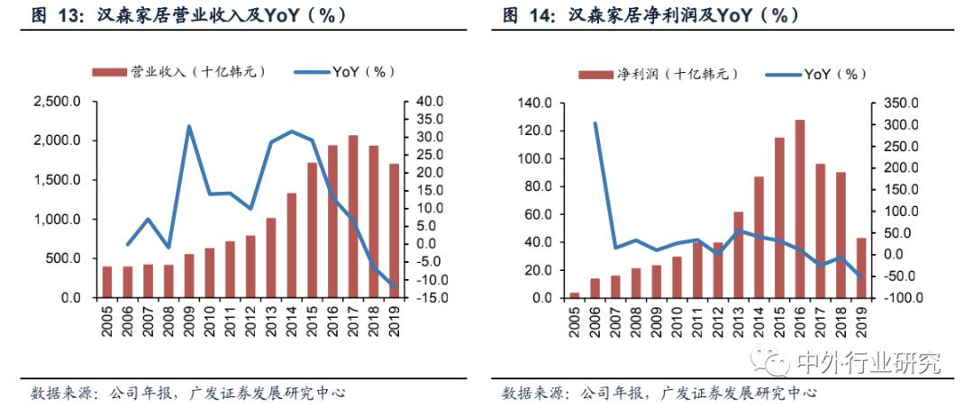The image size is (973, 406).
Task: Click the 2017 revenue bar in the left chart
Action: click(352, 217)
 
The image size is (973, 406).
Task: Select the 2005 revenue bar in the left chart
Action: click(107, 282)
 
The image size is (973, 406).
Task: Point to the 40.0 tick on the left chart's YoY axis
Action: click(428, 102)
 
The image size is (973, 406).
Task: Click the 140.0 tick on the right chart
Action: click(533, 104)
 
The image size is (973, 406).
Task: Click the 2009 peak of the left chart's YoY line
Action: click(189, 126)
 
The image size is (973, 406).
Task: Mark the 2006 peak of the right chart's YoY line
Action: click(596, 123)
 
